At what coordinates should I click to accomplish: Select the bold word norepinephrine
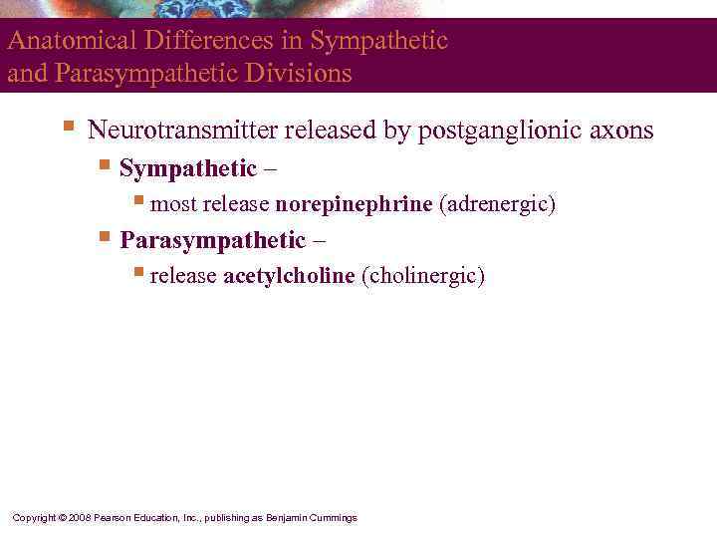(354, 204)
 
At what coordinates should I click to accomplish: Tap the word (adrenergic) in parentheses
(497, 204)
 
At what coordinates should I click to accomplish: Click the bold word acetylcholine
(289, 276)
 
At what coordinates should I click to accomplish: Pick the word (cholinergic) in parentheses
(423, 276)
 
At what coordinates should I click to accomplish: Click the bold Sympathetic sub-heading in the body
(187, 169)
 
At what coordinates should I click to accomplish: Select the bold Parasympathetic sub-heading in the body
(212, 240)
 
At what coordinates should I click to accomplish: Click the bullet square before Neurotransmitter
(68, 128)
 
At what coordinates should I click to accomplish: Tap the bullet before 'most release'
(139, 202)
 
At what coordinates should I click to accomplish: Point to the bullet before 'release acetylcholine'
(139, 274)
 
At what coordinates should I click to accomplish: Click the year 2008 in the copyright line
(81, 518)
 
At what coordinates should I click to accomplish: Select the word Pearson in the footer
(113, 518)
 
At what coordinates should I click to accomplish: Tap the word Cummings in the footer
(333, 518)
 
